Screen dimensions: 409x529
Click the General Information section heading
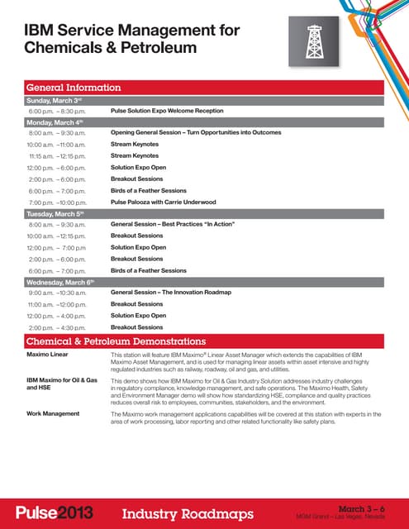[74, 87]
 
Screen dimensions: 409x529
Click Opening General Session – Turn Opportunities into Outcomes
[208, 132]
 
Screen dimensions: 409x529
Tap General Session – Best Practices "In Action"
[182, 224]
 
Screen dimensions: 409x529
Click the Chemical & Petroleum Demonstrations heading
[116, 341]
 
